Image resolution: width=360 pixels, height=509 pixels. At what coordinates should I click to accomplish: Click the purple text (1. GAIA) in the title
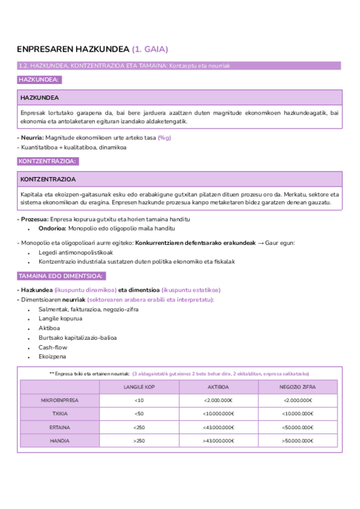pyautogui.click(x=150, y=49)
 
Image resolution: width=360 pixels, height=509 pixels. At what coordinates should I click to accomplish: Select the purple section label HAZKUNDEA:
pyautogui.click(x=39, y=79)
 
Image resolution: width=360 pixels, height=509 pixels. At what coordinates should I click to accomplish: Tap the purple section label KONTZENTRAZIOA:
pyautogui.click(x=47, y=161)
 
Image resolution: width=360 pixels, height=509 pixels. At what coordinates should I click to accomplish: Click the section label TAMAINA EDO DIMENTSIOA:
pyautogui.click(x=61, y=276)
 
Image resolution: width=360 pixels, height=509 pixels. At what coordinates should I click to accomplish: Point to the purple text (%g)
pyautogui.click(x=164, y=137)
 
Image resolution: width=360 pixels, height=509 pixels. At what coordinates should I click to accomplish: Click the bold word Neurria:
pyautogui.click(x=32, y=137)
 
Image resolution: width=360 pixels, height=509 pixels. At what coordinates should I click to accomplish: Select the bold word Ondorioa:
pyautogui.click(x=52, y=228)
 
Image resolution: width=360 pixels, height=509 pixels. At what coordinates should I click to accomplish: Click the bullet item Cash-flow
pyautogui.click(x=53, y=347)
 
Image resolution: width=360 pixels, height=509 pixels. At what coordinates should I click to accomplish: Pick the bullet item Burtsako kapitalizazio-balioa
pyautogui.click(x=77, y=337)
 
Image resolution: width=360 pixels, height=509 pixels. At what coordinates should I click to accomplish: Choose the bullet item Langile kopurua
pyautogui.click(x=60, y=318)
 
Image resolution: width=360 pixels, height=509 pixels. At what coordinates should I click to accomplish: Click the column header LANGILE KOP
pyautogui.click(x=139, y=387)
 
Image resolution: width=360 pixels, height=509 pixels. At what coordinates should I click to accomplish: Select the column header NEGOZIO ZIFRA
pyautogui.click(x=298, y=387)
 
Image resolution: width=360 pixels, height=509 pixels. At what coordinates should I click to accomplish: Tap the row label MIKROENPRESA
pyautogui.click(x=60, y=400)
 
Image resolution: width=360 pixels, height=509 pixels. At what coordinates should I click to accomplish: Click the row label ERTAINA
pyautogui.click(x=60, y=427)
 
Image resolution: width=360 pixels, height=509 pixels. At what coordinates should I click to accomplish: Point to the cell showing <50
pyautogui.click(x=139, y=414)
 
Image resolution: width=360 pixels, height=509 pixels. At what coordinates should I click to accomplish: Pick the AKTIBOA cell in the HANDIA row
pyautogui.click(x=218, y=441)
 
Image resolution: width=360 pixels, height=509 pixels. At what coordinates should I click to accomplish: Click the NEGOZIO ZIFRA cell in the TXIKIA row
pyautogui.click(x=298, y=414)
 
